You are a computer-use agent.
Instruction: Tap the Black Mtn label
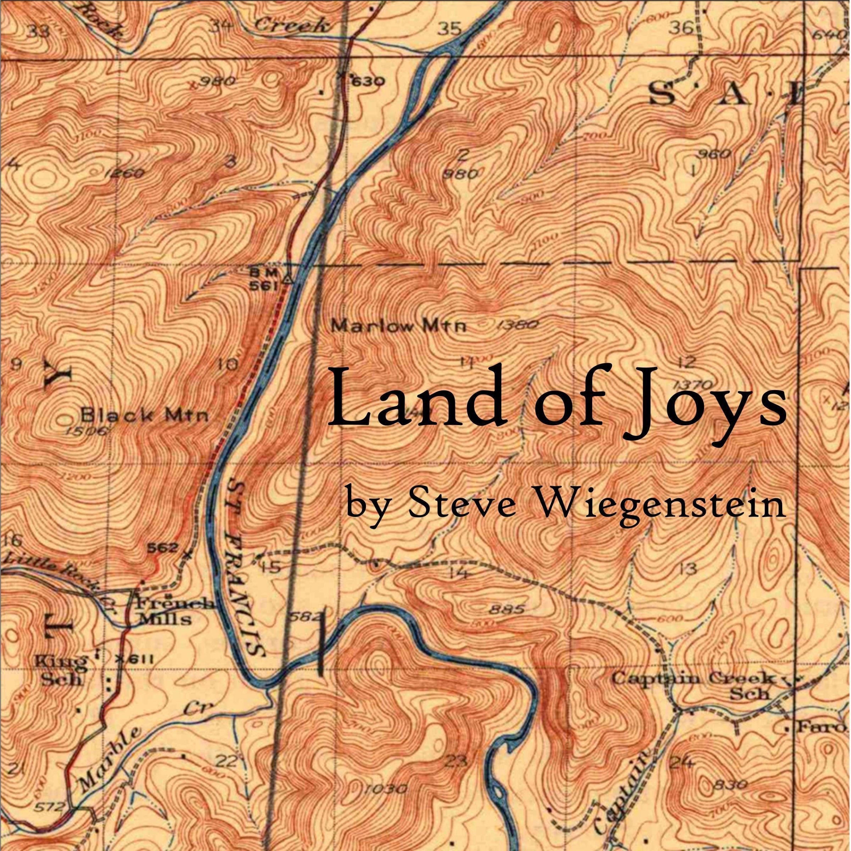pyautogui.click(x=145, y=415)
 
